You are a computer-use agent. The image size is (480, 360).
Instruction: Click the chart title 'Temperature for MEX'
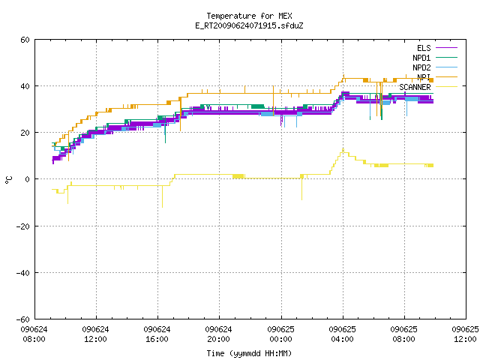(249, 16)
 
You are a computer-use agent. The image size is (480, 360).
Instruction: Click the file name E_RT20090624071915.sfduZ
(249, 25)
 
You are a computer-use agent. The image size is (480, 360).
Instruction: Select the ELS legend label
(424, 48)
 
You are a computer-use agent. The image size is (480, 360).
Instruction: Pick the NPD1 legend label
(421, 58)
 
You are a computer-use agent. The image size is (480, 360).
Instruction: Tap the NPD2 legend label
(421, 67)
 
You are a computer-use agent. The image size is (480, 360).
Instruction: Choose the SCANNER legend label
(415, 87)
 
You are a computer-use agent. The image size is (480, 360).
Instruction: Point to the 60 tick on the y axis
(25, 40)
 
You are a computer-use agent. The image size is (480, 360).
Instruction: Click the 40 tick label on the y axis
(25, 86)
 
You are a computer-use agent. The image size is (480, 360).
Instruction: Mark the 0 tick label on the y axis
(28, 179)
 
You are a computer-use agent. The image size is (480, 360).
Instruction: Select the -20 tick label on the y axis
(23, 226)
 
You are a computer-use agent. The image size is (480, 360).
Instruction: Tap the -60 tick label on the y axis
(23, 319)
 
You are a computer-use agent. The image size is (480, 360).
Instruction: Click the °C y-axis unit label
(8, 180)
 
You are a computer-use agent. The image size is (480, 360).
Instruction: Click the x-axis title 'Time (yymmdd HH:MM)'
(249, 353)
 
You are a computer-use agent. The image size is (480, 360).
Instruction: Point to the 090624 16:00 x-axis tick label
(157, 334)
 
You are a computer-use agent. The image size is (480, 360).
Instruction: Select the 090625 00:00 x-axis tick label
(280, 334)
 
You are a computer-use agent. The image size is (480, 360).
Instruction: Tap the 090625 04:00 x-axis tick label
(342, 334)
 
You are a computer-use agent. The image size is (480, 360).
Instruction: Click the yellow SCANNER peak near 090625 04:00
(343, 149)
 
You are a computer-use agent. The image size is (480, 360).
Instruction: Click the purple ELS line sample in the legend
(446, 48)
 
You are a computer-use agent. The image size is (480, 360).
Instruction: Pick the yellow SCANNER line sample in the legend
(446, 87)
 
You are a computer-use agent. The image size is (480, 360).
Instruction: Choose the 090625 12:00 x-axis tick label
(465, 334)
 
